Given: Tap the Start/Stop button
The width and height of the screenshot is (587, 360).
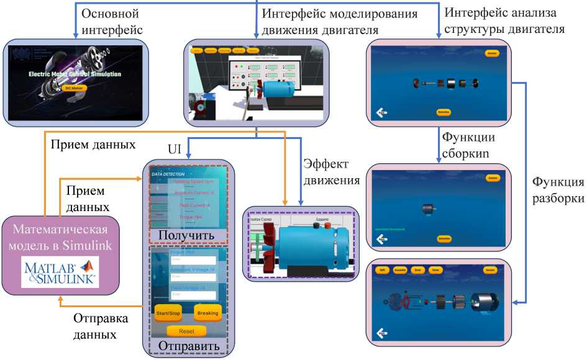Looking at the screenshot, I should pos(168,313).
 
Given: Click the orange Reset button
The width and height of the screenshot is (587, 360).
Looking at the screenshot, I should pos(186,331).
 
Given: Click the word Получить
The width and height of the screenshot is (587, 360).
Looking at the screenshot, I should pos(186,235).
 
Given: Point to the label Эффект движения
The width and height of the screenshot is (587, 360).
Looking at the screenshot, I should pos(331,172).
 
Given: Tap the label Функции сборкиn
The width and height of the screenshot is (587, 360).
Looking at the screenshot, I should pos(468,146).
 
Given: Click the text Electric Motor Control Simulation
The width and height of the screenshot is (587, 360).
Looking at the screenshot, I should pos(74,74).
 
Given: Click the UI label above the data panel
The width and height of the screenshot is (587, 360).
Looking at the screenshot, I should pos(175,150).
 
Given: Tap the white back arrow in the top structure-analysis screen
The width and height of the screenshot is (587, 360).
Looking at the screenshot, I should pos(381,112).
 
